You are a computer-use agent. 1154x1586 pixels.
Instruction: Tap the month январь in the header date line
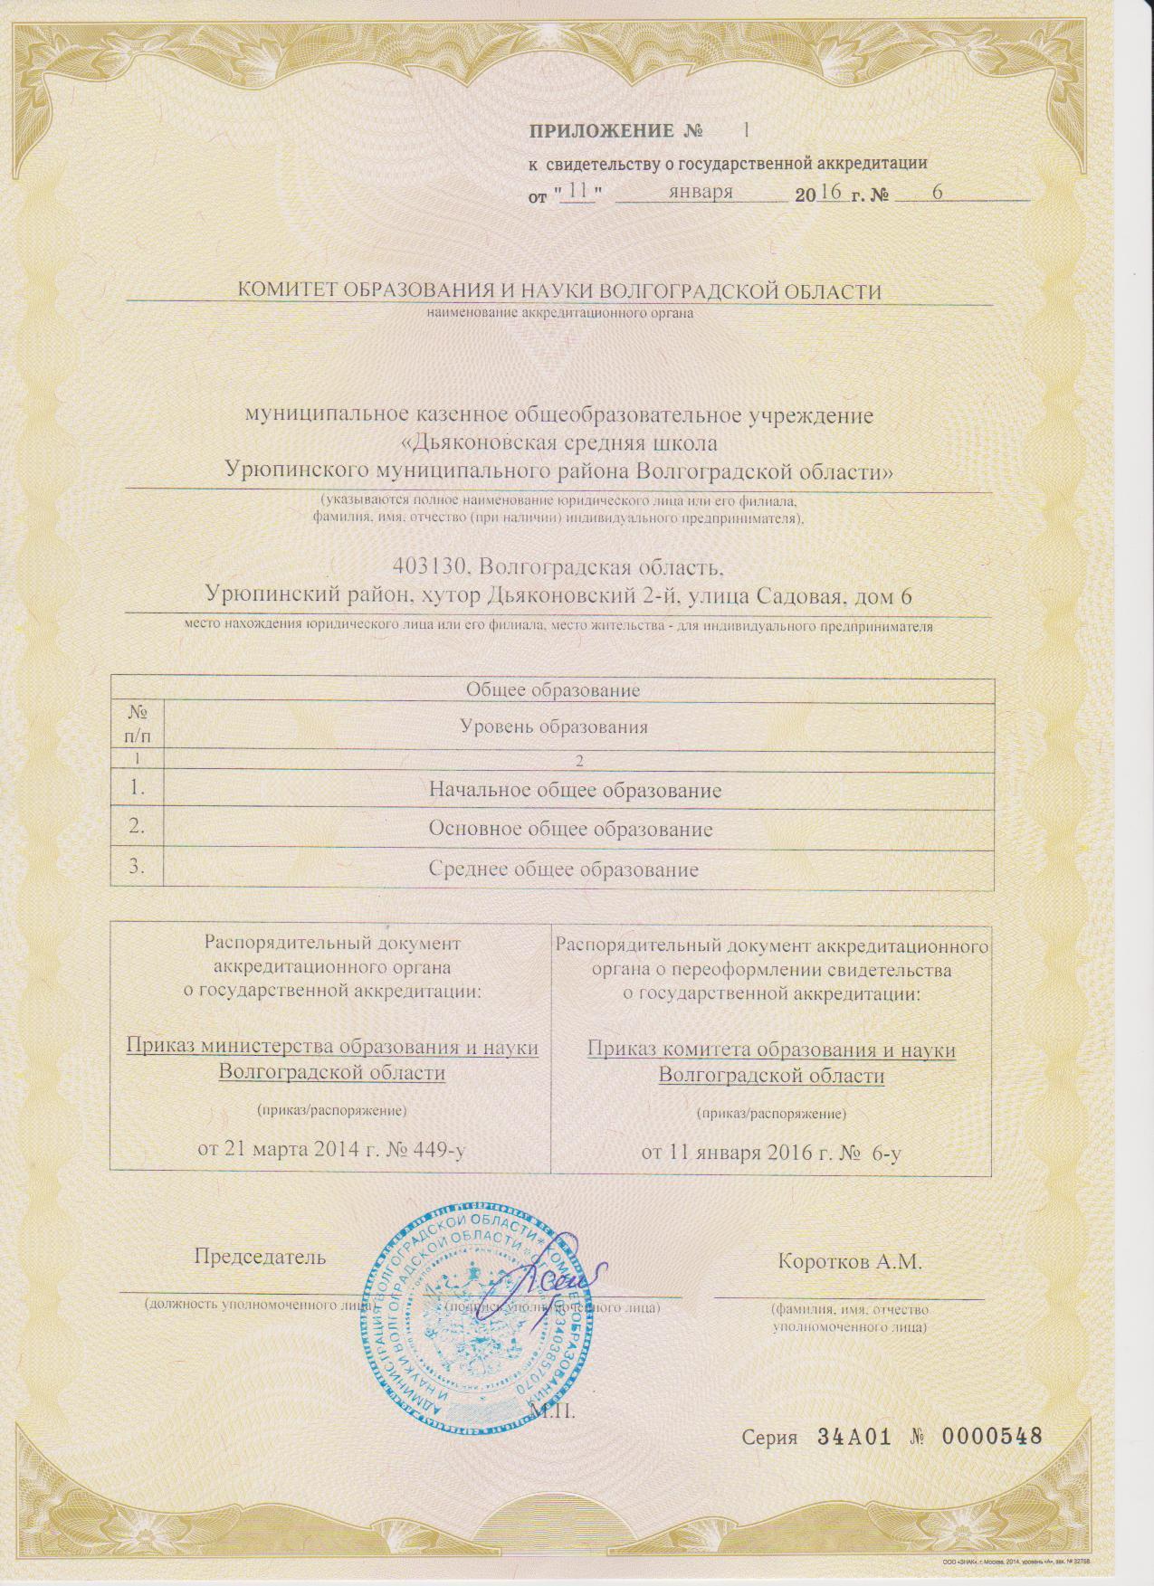tap(701, 192)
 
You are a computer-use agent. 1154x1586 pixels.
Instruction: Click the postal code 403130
tap(431, 567)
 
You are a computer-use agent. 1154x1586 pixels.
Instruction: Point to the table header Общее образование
tap(552, 690)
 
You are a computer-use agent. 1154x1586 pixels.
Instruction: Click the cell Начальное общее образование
tap(576, 791)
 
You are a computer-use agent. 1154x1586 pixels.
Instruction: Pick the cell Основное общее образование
tap(570, 830)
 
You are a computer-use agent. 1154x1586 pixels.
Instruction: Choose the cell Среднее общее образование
tap(564, 870)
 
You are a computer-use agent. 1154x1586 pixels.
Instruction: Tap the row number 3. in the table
tap(138, 867)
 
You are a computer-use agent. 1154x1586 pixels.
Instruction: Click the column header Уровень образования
tap(554, 727)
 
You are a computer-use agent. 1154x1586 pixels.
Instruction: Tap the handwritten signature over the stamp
tap(552, 1276)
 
